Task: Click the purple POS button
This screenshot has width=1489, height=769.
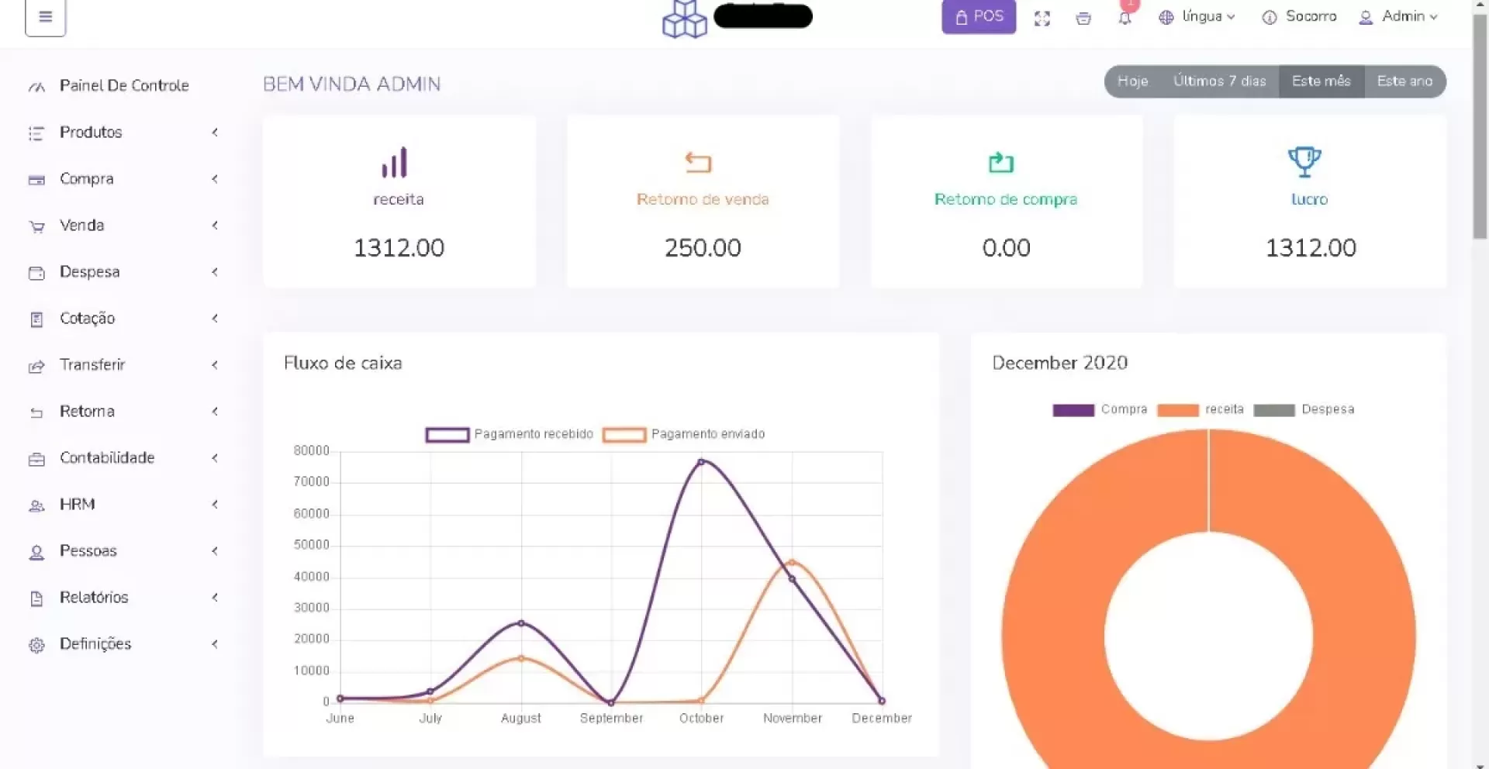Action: click(979, 16)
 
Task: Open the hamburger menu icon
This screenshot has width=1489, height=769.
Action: click(46, 16)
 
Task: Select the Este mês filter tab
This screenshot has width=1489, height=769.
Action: click(1321, 81)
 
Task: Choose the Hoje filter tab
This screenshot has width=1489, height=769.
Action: click(1132, 81)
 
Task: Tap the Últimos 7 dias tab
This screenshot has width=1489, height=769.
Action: click(1219, 81)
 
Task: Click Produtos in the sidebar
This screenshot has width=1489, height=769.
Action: click(91, 133)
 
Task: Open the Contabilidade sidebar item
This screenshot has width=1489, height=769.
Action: click(107, 458)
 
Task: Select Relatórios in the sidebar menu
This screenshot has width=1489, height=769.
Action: click(94, 598)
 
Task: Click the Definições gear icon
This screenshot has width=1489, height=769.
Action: click(36, 645)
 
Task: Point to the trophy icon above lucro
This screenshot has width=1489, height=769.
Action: click(1304, 162)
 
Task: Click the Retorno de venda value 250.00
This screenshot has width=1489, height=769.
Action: click(703, 248)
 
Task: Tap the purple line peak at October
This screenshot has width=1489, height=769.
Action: click(701, 462)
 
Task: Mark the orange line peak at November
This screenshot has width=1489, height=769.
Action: click(792, 562)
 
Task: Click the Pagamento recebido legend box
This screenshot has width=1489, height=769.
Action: click(447, 435)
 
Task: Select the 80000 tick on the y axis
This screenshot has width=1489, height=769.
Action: click(311, 451)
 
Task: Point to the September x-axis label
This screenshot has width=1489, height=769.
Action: click(611, 719)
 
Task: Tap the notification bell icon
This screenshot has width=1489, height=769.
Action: click(1125, 18)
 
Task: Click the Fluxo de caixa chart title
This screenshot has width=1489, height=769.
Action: click(343, 364)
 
